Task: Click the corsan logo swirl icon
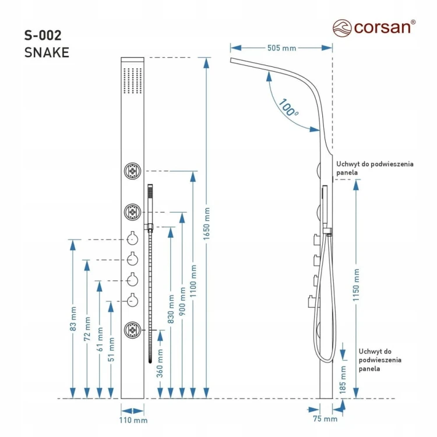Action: coord(342,28)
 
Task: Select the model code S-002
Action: coord(43,36)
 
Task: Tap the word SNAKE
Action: coord(47,52)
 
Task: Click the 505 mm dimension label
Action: coord(281,48)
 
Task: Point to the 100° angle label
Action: coord(288,107)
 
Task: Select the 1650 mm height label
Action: coord(206,224)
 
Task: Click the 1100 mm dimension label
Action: coord(193,281)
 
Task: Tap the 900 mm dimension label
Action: coord(182,302)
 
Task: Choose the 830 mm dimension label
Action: coord(171,309)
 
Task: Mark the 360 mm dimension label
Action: coord(160,364)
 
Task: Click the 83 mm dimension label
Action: coord(73,319)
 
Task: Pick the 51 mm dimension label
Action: coord(111,350)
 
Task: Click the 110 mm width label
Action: coord(133,420)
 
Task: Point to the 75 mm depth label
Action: coord(325,419)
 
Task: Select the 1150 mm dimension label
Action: coord(356,285)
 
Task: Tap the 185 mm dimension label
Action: coord(343,380)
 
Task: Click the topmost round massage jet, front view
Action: coord(132,171)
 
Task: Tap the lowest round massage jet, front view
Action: coord(132,330)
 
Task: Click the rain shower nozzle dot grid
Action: coord(133,80)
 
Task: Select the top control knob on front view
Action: coord(132,239)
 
